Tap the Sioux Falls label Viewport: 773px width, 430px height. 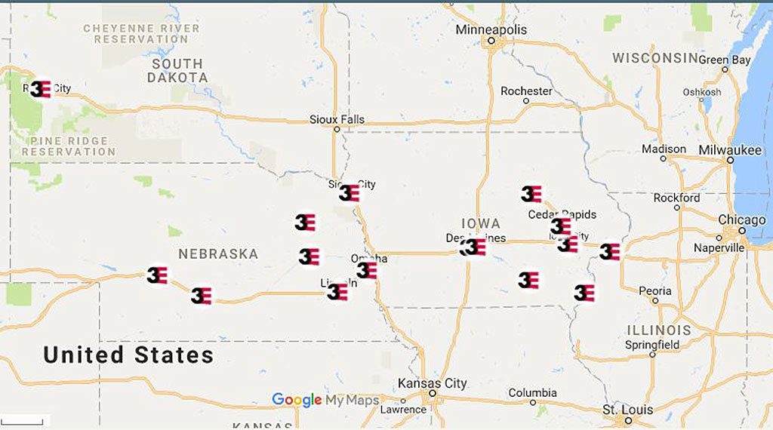[337, 119]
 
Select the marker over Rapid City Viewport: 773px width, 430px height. [41, 89]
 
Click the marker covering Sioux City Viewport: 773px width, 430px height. [349, 193]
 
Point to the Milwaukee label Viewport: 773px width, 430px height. [730, 150]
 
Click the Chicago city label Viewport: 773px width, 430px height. [742, 220]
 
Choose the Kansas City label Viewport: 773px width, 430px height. [433, 383]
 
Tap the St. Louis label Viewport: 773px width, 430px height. [627, 410]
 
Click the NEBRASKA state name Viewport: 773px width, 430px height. [218, 254]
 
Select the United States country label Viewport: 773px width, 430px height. [128, 355]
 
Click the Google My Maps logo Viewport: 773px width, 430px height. [325, 400]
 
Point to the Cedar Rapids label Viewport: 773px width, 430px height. [562, 214]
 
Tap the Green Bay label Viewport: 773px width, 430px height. [725, 60]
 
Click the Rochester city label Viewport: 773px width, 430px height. [526, 91]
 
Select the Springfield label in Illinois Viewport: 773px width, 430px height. [652, 345]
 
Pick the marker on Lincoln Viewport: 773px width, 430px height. [337, 291]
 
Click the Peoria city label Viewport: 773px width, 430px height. [654, 290]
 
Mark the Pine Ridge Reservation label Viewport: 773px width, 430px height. [69, 146]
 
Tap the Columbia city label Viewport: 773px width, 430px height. [532, 393]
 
